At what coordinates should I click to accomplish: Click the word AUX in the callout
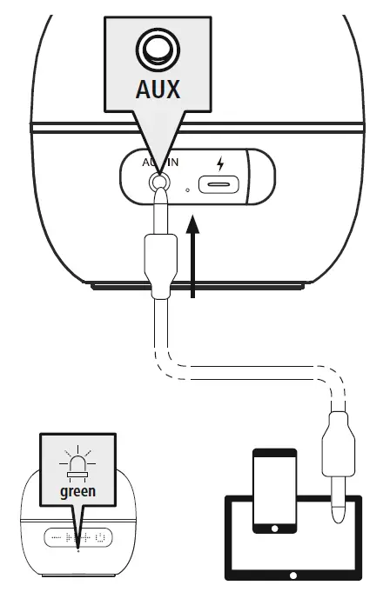coord(158,89)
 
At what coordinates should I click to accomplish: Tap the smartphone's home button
coord(274,527)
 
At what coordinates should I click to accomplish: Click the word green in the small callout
coord(77,491)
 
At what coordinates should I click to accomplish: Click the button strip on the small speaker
coord(78,537)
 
